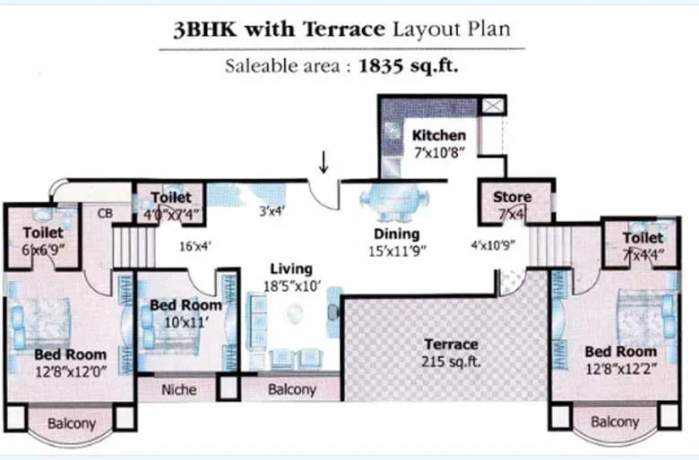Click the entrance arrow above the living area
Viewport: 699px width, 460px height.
pyautogui.click(x=324, y=163)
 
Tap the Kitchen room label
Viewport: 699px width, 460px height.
pyautogui.click(x=438, y=135)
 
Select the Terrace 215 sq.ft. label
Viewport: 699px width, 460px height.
pyautogui.click(x=451, y=353)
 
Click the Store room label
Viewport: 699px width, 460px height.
pyautogui.click(x=512, y=197)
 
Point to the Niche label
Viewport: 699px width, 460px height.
pyautogui.click(x=178, y=390)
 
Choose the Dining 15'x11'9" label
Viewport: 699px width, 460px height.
pyautogui.click(x=396, y=242)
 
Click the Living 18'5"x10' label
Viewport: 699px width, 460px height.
pyautogui.click(x=290, y=276)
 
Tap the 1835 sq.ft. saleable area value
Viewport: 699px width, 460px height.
pyautogui.click(x=410, y=65)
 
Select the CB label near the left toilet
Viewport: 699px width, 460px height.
pyautogui.click(x=105, y=214)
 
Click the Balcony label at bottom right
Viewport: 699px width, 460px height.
pyautogui.click(x=615, y=422)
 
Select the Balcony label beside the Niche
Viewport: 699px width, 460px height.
pyautogui.click(x=292, y=390)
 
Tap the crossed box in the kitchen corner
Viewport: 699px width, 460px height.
pyautogui.click(x=492, y=106)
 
